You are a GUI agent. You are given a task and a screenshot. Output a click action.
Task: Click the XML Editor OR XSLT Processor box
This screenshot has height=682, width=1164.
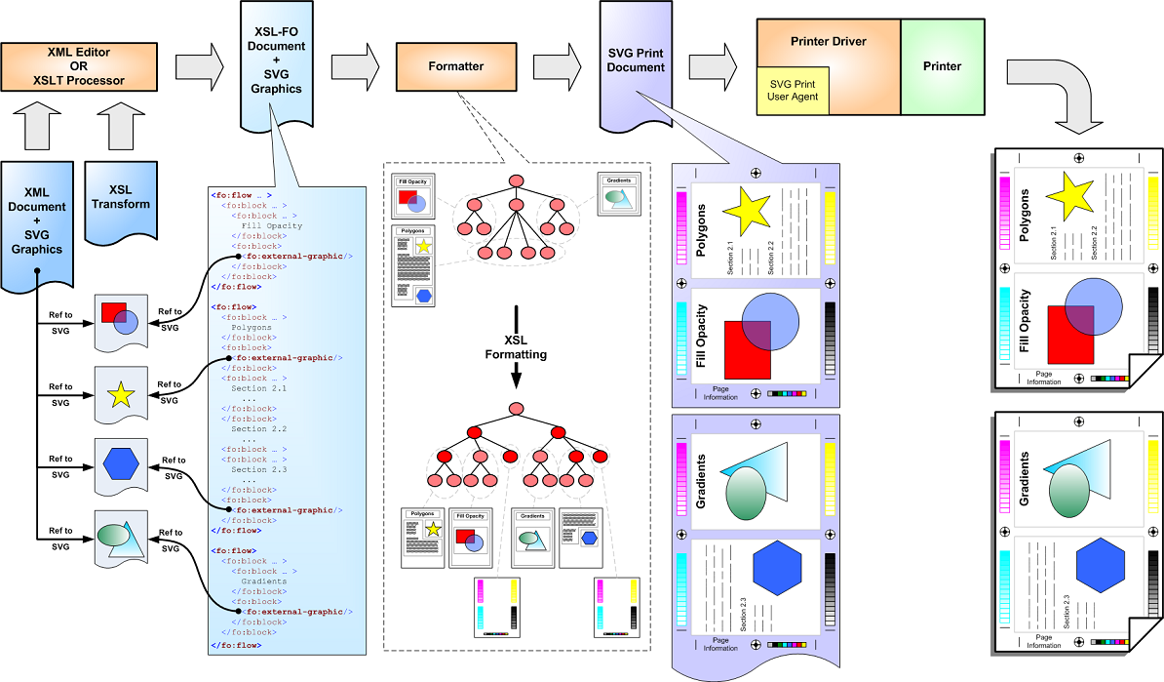79,67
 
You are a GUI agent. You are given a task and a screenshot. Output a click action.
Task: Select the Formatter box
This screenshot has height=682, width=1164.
455,67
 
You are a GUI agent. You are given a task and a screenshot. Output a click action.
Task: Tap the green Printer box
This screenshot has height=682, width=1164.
942,67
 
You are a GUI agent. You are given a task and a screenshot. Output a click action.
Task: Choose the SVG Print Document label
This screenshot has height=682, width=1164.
636,59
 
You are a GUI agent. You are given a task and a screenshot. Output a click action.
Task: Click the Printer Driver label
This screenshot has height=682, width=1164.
829,42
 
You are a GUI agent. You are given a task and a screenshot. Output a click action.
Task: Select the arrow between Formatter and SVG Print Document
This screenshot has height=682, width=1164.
557,67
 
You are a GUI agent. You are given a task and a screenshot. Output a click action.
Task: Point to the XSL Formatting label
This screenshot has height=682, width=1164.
515,347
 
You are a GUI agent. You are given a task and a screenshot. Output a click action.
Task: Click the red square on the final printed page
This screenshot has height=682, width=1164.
1069,334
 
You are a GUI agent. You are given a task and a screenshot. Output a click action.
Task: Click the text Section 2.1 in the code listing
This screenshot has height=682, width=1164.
253,387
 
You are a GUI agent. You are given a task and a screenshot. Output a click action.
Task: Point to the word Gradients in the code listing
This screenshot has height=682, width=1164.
264,582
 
